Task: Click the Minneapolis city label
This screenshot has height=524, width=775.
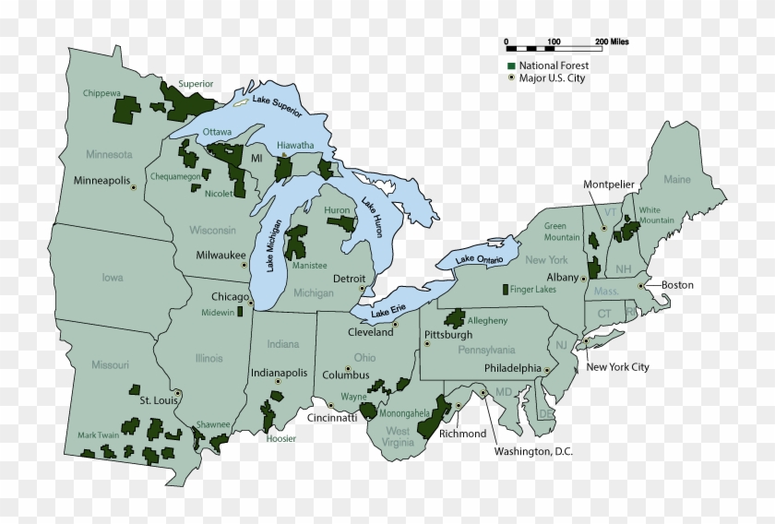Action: (x=101, y=180)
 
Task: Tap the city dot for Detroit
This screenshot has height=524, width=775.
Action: (x=362, y=289)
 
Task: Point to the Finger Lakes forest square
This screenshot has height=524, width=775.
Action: (x=504, y=290)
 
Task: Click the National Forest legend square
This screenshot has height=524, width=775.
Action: (x=510, y=66)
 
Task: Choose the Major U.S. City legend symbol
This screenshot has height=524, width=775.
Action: (x=510, y=78)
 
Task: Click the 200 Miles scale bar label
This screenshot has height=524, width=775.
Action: (x=613, y=42)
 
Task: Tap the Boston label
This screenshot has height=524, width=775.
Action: (x=676, y=285)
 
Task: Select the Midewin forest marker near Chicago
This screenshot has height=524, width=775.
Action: (x=241, y=311)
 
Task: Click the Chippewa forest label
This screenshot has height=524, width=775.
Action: (x=101, y=93)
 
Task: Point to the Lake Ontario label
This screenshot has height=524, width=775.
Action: (x=480, y=261)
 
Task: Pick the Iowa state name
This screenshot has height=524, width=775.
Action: (x=113, y=277)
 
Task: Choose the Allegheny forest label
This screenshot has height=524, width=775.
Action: (x=488, y=320)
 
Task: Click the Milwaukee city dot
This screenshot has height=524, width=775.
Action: (x=244, y=265)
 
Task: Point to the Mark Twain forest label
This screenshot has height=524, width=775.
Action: (x=99, y=435)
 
